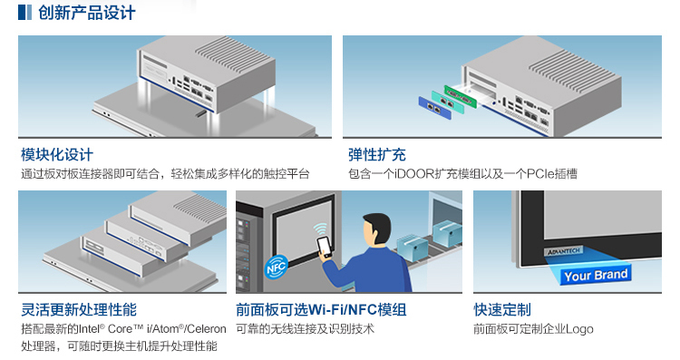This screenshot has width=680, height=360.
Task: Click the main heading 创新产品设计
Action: [87, 13]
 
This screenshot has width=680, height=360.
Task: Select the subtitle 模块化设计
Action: [57, 154]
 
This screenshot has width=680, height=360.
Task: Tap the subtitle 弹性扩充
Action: [377, 154]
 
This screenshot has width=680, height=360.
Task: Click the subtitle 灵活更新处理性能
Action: [79, 309]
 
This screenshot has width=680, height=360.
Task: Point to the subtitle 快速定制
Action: [502, 309]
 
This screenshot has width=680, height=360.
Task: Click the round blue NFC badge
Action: [276, 267]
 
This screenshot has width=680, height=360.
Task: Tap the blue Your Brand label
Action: [596, 275]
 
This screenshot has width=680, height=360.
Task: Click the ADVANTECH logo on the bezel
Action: [563, 251]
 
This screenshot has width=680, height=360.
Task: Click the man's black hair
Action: [378, 223]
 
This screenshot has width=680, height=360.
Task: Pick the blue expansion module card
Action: [434, 108]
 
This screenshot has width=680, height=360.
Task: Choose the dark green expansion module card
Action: [460, 96]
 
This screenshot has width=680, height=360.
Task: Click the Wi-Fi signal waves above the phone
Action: [320, 229]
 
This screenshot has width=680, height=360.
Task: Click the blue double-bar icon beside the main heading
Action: [24, 12]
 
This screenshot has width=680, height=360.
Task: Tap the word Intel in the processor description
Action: [89, 329]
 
